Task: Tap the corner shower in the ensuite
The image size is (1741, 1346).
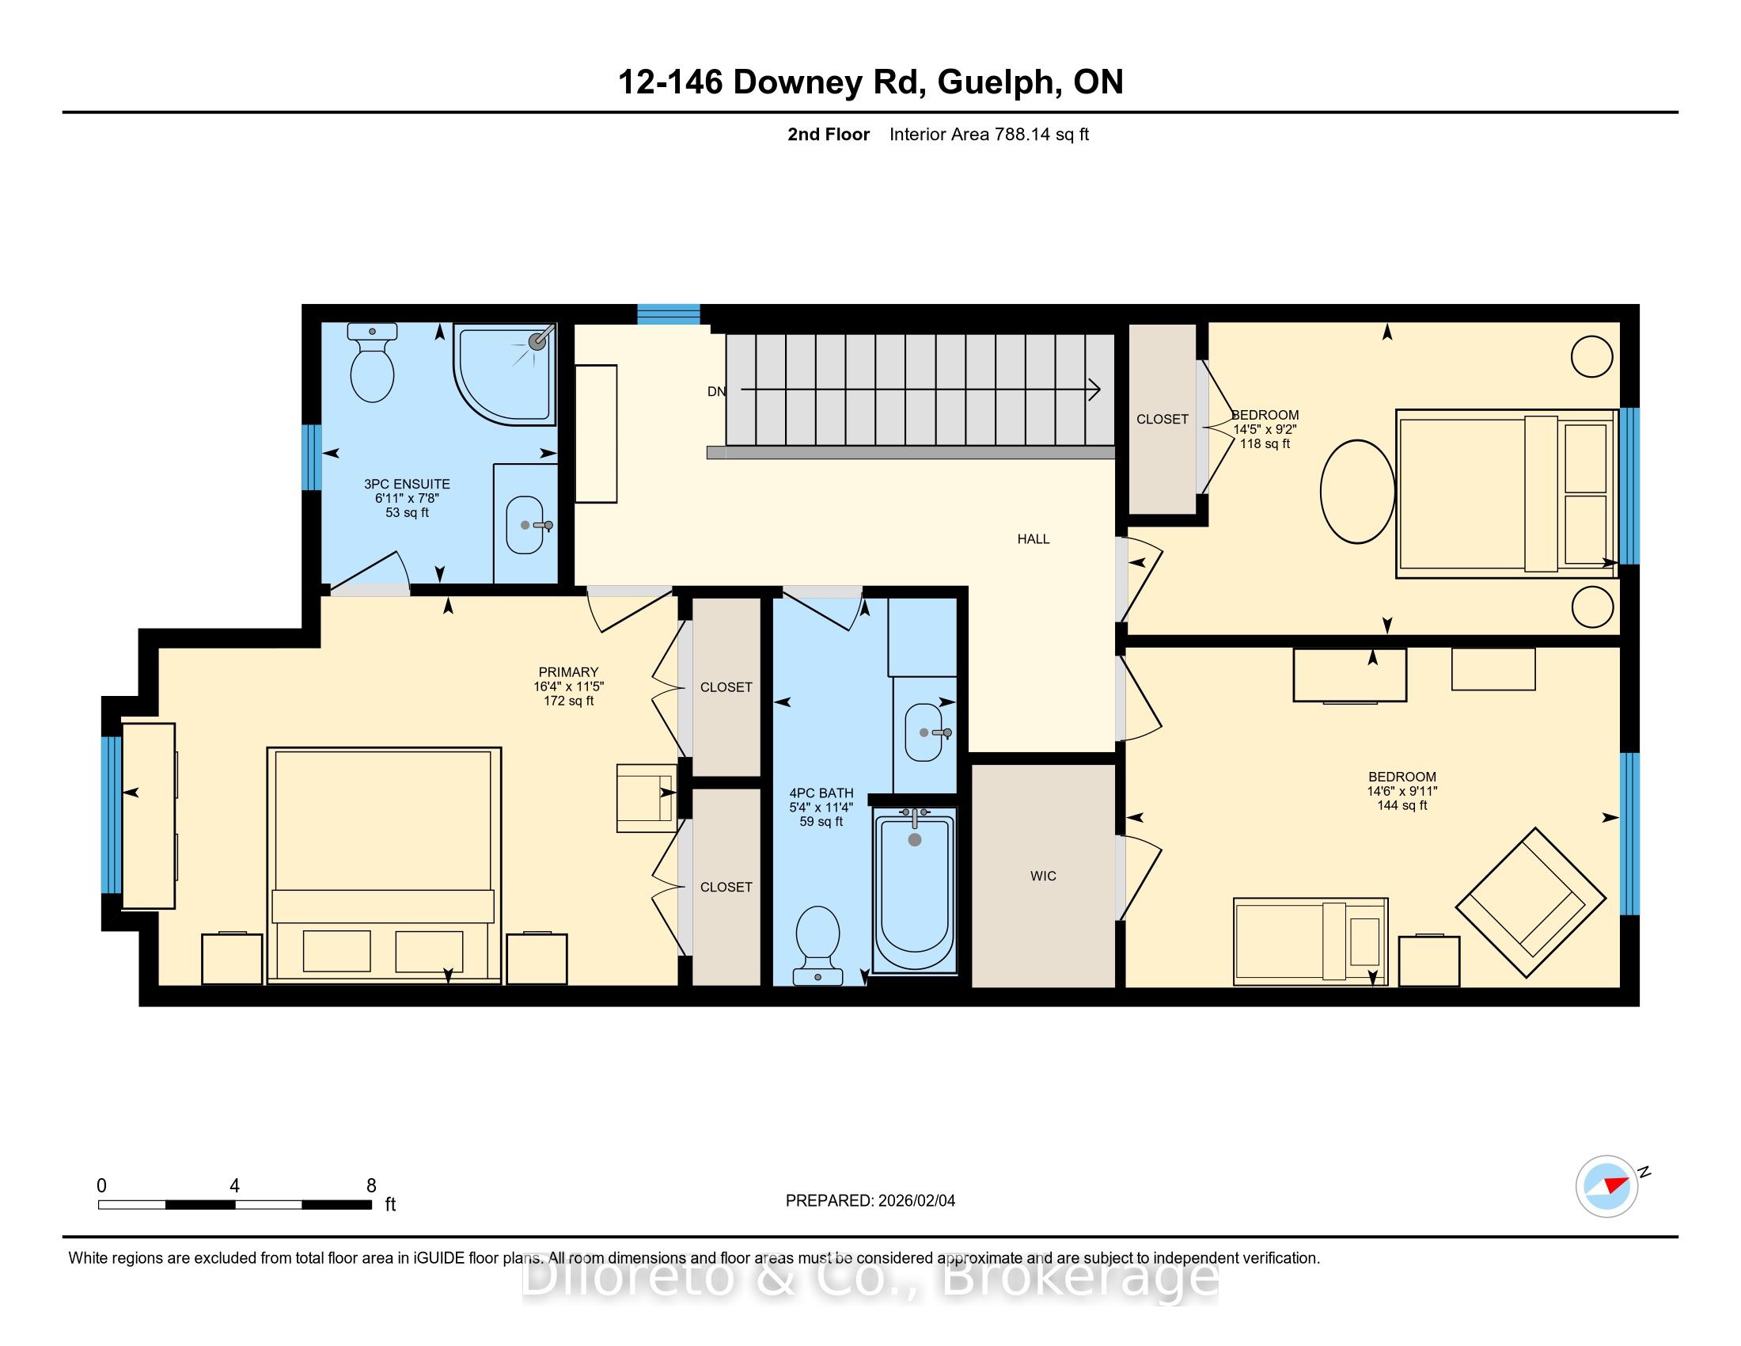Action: pos(505,372)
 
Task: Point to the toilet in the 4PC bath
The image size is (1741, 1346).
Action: pos(818,945)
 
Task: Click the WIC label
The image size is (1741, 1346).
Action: pos(1043,876)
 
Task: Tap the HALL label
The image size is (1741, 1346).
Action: pos(1033,539)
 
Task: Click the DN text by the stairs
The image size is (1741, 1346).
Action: pos(717,391)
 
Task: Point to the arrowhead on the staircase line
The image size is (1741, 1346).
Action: pos(1095,390)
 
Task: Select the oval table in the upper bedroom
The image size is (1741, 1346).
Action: pos(1357,491)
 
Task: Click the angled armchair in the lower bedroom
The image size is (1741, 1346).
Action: pos(1530,903)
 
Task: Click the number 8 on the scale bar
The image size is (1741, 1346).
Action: pos(371,1186)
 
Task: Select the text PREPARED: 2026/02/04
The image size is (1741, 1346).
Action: pos(870,1201)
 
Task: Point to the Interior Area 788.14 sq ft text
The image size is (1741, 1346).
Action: pos(989,135)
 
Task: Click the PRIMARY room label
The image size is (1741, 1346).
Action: pos(568,672)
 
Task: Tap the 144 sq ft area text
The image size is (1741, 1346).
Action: pos(1402,805)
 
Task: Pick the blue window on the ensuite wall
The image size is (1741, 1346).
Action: pos(312,457)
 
